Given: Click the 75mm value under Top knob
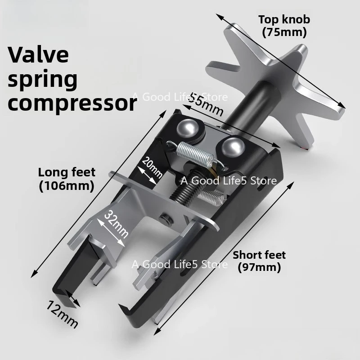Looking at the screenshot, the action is pos(284,32).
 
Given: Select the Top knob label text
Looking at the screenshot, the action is pos(284,20).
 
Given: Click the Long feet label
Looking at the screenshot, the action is pos(67,172).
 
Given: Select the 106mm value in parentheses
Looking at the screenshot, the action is pos(67,185).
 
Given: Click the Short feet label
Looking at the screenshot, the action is pos(259,255).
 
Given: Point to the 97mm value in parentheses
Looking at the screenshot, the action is pos(259,267).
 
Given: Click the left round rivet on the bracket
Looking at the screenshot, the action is pos(189,129).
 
